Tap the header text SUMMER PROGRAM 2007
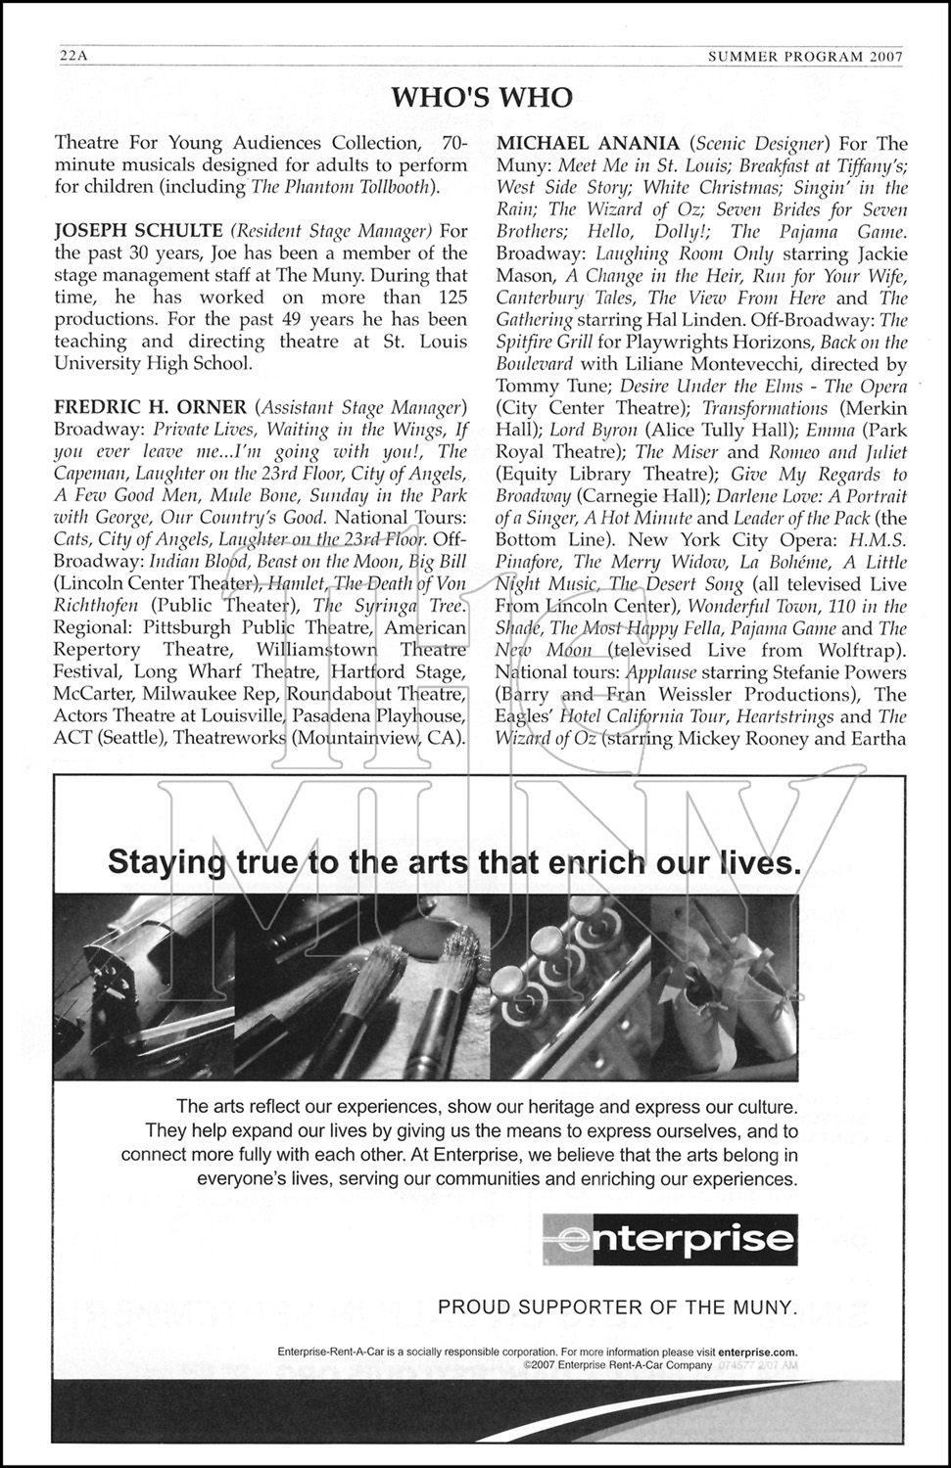click(804, 57)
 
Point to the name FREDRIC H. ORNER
click(150, 407)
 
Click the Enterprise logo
click(670, 1241)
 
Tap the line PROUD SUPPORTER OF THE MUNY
click(618, 1307)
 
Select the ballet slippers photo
click(725, 988)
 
